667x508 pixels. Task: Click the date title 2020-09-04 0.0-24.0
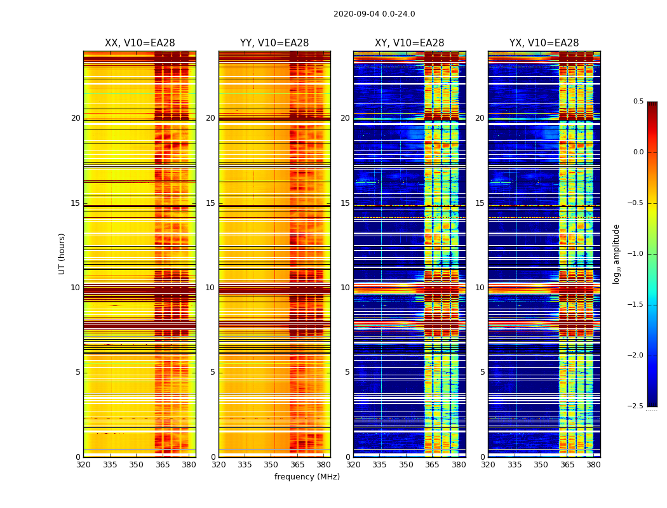(374, 14)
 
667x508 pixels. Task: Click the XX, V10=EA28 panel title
(140, 43)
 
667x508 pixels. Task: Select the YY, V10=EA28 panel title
(274, 43)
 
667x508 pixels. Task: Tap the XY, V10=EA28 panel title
(409, 43)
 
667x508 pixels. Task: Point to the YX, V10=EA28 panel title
(544, 43)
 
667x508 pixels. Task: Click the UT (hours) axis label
(62, 253)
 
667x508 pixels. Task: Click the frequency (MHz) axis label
(307, 477)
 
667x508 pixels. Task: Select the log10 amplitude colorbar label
(616, 253)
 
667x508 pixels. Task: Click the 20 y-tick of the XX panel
(76, 118)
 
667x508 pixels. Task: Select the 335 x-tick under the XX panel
(110, 465)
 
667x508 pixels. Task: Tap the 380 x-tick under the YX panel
(593, 465)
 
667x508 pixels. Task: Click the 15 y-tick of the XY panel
(345, 203)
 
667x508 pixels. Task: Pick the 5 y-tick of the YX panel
(482, 372)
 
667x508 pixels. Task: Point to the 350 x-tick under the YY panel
(271, 465)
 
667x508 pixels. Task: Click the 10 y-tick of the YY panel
(210, 288)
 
